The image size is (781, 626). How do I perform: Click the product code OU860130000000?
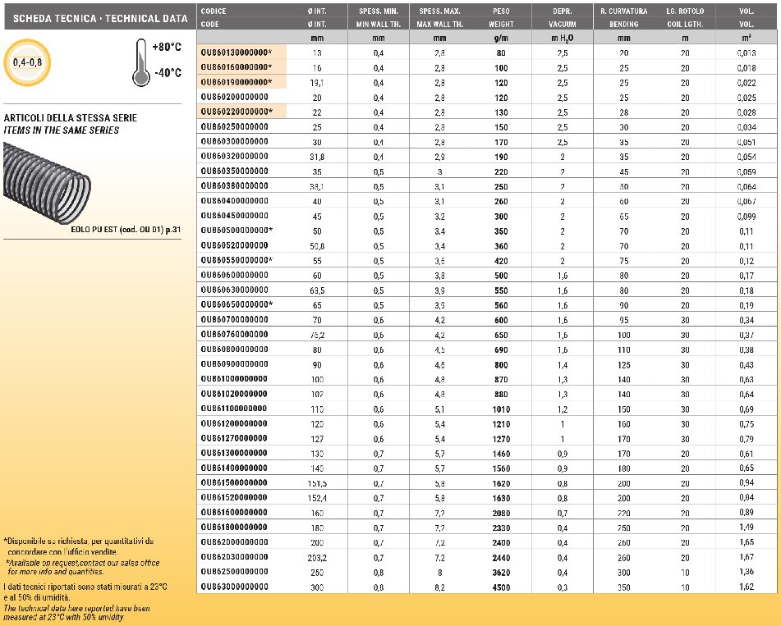(235, 53)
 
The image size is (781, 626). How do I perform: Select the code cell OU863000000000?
(234, 587)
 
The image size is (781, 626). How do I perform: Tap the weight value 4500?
(501, 587)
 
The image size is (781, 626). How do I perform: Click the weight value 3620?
(501, 572)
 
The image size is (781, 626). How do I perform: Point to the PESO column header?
(501, 11)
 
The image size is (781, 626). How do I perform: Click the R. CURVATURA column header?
(623, 11)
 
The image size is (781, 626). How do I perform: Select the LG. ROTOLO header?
(684, 11)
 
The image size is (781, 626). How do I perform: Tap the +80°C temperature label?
(167, 48)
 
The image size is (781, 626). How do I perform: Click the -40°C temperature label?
(167, 72)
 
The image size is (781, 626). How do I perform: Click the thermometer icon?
(140, 62)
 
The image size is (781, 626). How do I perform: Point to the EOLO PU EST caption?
(123, 230)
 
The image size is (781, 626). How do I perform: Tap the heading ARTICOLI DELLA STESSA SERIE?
(71, 118)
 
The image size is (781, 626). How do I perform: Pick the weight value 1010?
(501, 409)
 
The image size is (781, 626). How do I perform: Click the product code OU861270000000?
(234, 438)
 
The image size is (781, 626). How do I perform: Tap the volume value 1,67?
(746, 557)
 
